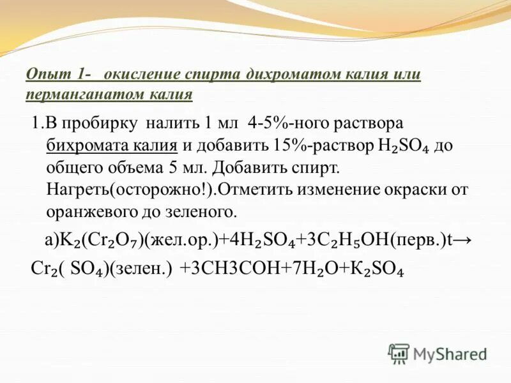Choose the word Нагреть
click(74, 190)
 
